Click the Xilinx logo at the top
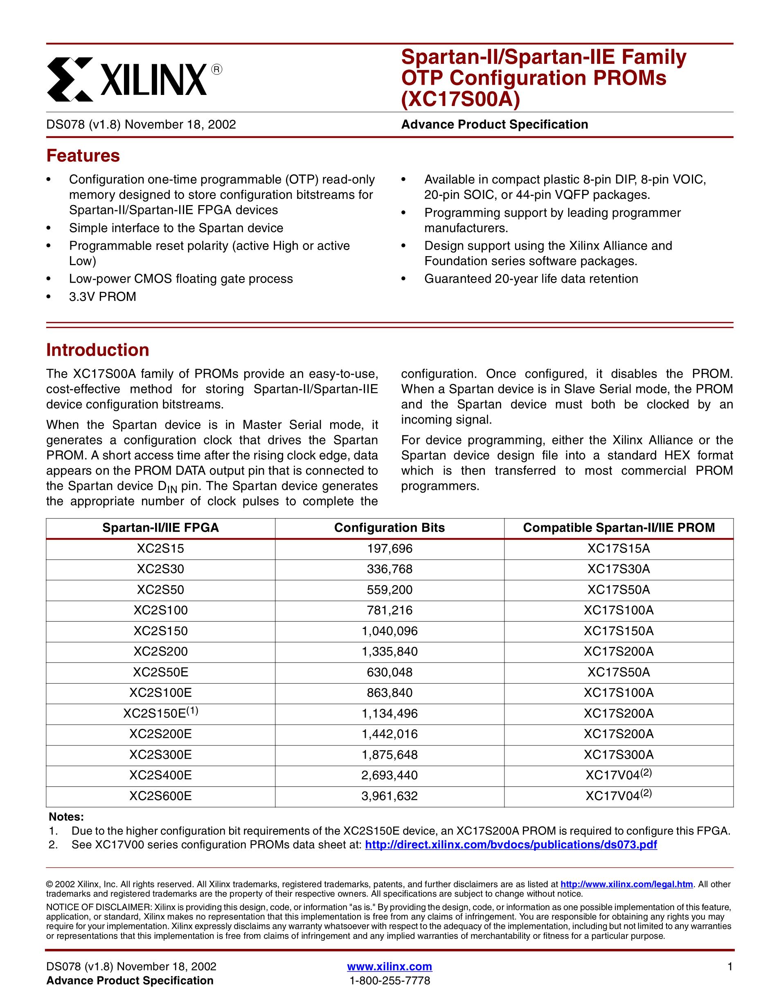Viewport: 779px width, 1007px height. click(134, 79)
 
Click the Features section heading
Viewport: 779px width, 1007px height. click(83, 156)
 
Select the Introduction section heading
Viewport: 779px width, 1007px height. click(98, 350)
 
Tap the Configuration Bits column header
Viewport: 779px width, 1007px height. click(389, 527)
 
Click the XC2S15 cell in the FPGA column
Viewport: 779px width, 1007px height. click(160, 549)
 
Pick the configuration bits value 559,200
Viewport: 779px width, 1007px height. click(389, 590)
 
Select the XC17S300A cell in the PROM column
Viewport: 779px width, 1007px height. click(619, 755)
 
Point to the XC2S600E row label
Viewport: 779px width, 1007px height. click(160, 796)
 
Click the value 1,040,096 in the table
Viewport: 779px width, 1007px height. click(389, 631)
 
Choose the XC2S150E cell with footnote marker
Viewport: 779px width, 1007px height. click(160, 713)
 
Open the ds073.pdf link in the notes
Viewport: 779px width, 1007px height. click(511, 845)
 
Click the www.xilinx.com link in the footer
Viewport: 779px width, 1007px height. click(389, 966)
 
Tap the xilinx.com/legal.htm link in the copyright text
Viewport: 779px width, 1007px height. click(626, 884)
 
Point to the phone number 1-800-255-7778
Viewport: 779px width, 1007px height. click(389, 981)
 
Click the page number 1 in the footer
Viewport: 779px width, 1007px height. click(729, 966)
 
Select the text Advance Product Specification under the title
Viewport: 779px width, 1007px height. click(495, 124)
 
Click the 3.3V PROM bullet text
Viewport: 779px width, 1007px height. click(103, 297)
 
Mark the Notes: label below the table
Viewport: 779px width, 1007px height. click(66, 817)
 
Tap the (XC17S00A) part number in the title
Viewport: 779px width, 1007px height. click(461, 99)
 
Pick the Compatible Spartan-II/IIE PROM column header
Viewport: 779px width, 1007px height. click(619, 527)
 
